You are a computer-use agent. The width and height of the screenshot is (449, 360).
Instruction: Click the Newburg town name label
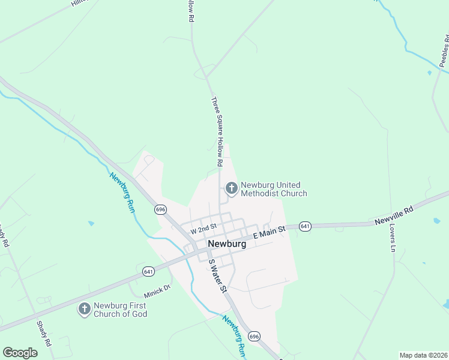226,244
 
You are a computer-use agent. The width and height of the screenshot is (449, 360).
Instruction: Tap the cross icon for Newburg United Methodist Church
231,189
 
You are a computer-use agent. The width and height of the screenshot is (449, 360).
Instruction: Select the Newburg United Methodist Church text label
274,189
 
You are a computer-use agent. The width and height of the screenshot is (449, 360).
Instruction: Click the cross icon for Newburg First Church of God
85,309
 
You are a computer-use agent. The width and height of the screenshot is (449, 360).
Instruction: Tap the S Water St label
217,276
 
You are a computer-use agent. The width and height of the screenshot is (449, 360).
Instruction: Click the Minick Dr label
157,293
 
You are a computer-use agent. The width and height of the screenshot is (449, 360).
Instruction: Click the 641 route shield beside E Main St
305,226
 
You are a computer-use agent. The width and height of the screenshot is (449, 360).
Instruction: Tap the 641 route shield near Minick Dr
149,272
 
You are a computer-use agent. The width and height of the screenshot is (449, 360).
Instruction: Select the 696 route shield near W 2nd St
160,209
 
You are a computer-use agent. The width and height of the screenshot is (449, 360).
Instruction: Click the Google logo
20,353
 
